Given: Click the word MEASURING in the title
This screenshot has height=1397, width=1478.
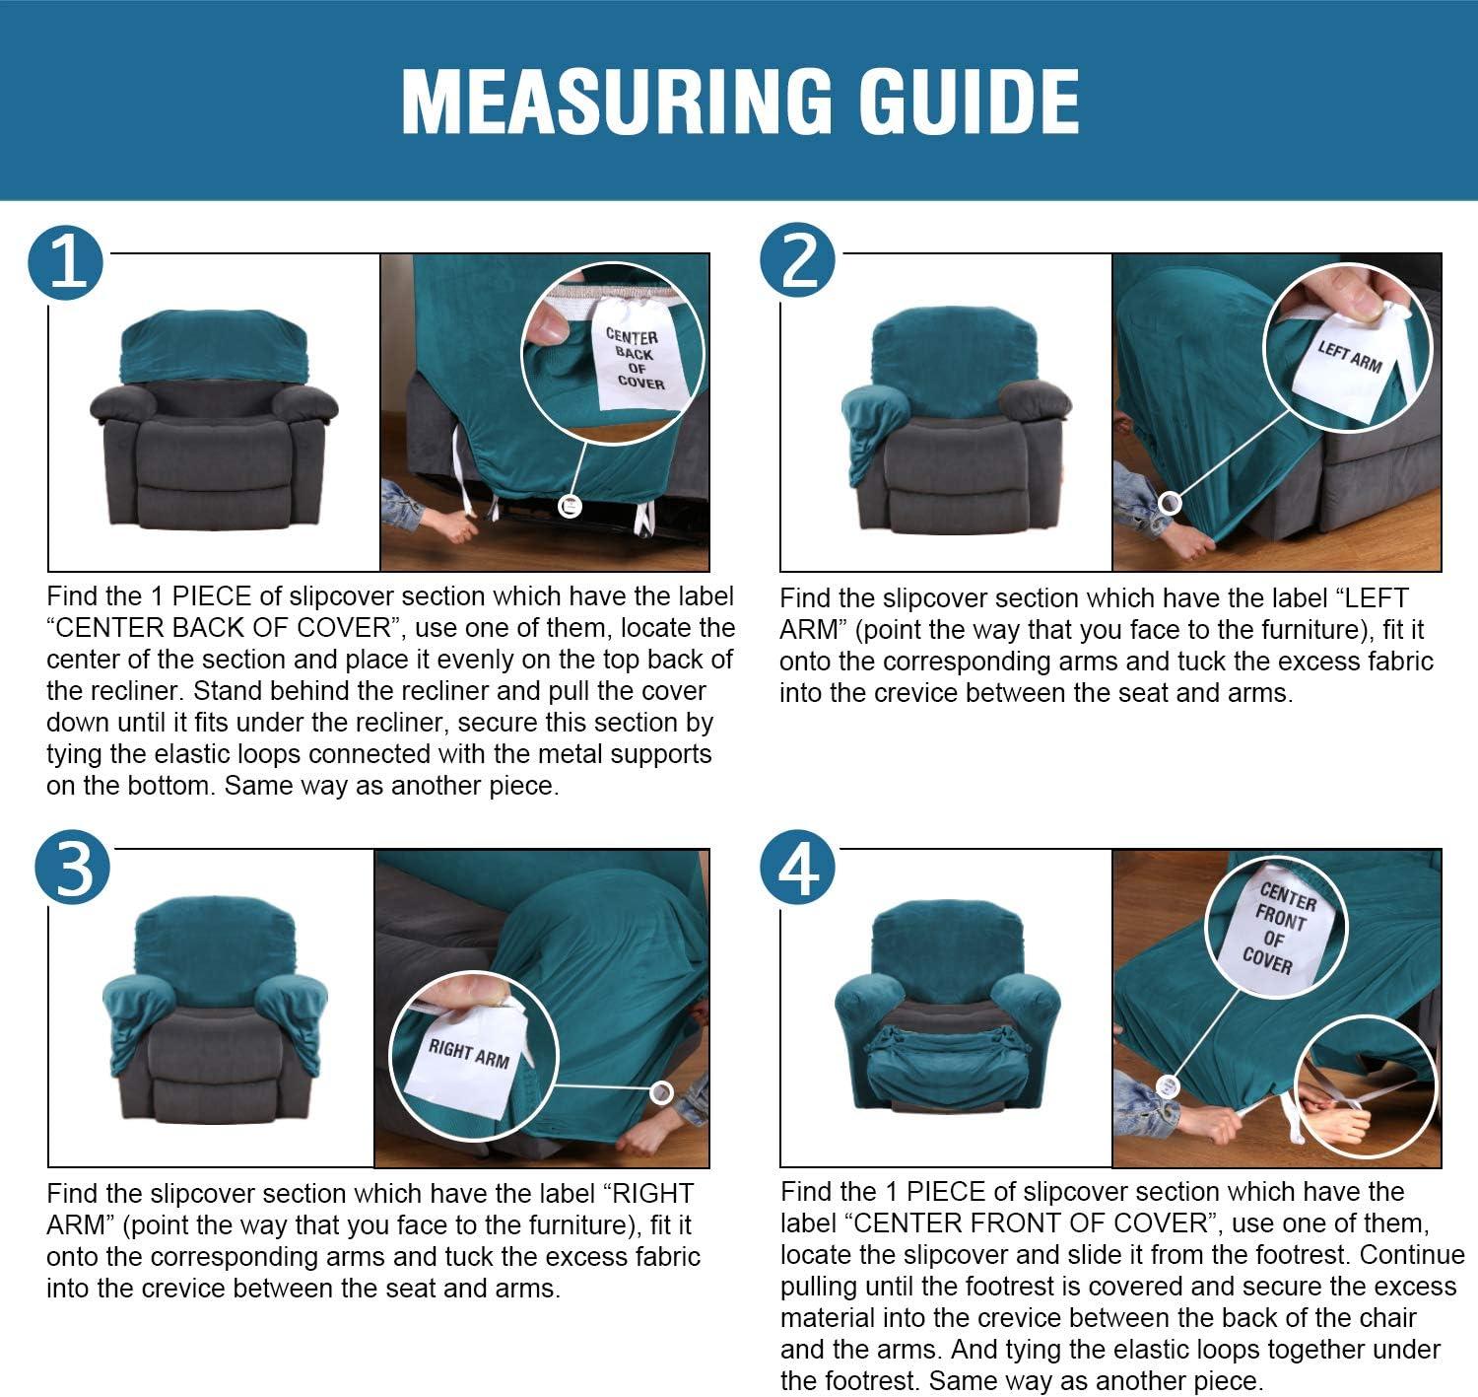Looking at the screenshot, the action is pos(616,102).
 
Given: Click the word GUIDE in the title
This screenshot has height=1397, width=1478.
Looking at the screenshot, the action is pos(969,102).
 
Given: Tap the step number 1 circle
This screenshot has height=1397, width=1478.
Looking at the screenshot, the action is pos(65,263).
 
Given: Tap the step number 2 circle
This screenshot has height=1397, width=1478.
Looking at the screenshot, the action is pos(798,260).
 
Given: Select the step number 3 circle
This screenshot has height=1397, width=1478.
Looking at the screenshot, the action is pos(72,867).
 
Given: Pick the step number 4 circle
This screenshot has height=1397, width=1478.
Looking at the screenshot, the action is pos(798,867).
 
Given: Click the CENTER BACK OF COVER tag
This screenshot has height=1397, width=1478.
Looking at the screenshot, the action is pos(635,358).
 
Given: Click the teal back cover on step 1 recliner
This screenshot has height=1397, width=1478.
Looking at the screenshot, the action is pos(214,345).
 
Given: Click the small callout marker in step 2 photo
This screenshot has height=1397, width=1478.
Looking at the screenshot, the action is pos(1170,504).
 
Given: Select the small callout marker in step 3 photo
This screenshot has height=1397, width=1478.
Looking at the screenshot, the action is pos(661,1093).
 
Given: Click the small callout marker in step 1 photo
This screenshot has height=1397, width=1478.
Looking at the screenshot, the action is pos(571,507).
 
